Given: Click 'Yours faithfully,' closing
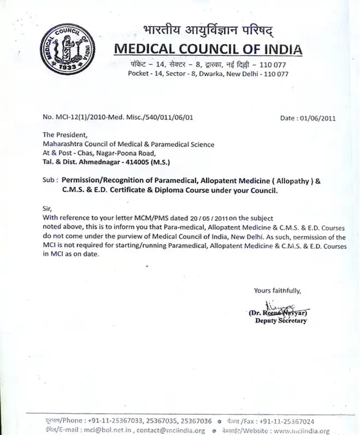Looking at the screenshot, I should point(277,290).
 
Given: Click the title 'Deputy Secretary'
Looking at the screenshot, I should point(281,321).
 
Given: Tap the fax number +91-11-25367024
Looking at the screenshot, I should point(287,421).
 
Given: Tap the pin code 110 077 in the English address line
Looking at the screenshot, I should point(275,74).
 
